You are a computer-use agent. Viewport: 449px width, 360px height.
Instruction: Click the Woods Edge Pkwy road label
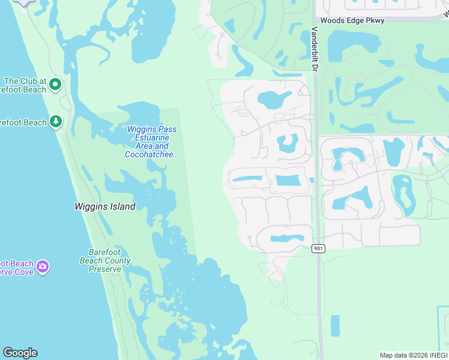[x=352, y=20]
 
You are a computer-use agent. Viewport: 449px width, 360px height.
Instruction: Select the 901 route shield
[x=319, y=248]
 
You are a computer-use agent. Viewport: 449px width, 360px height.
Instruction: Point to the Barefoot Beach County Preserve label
[x=105, y=260]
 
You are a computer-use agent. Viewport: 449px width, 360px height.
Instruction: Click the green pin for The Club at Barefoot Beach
[x=55, y=85]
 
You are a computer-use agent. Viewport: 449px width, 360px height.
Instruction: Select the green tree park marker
[x=56, y=122]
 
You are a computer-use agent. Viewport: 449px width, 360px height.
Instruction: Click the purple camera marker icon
[x=42, y=266]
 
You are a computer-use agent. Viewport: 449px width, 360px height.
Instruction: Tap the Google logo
[x=20, y=353]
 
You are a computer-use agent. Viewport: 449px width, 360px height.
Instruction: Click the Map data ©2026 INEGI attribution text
[x=414, y=355]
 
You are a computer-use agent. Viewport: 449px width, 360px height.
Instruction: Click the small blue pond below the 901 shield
[x=334, y=325]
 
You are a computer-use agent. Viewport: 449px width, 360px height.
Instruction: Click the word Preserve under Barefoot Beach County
[x=105, y=269]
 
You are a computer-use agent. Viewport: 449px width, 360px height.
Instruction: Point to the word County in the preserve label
[x=118, y=260]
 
